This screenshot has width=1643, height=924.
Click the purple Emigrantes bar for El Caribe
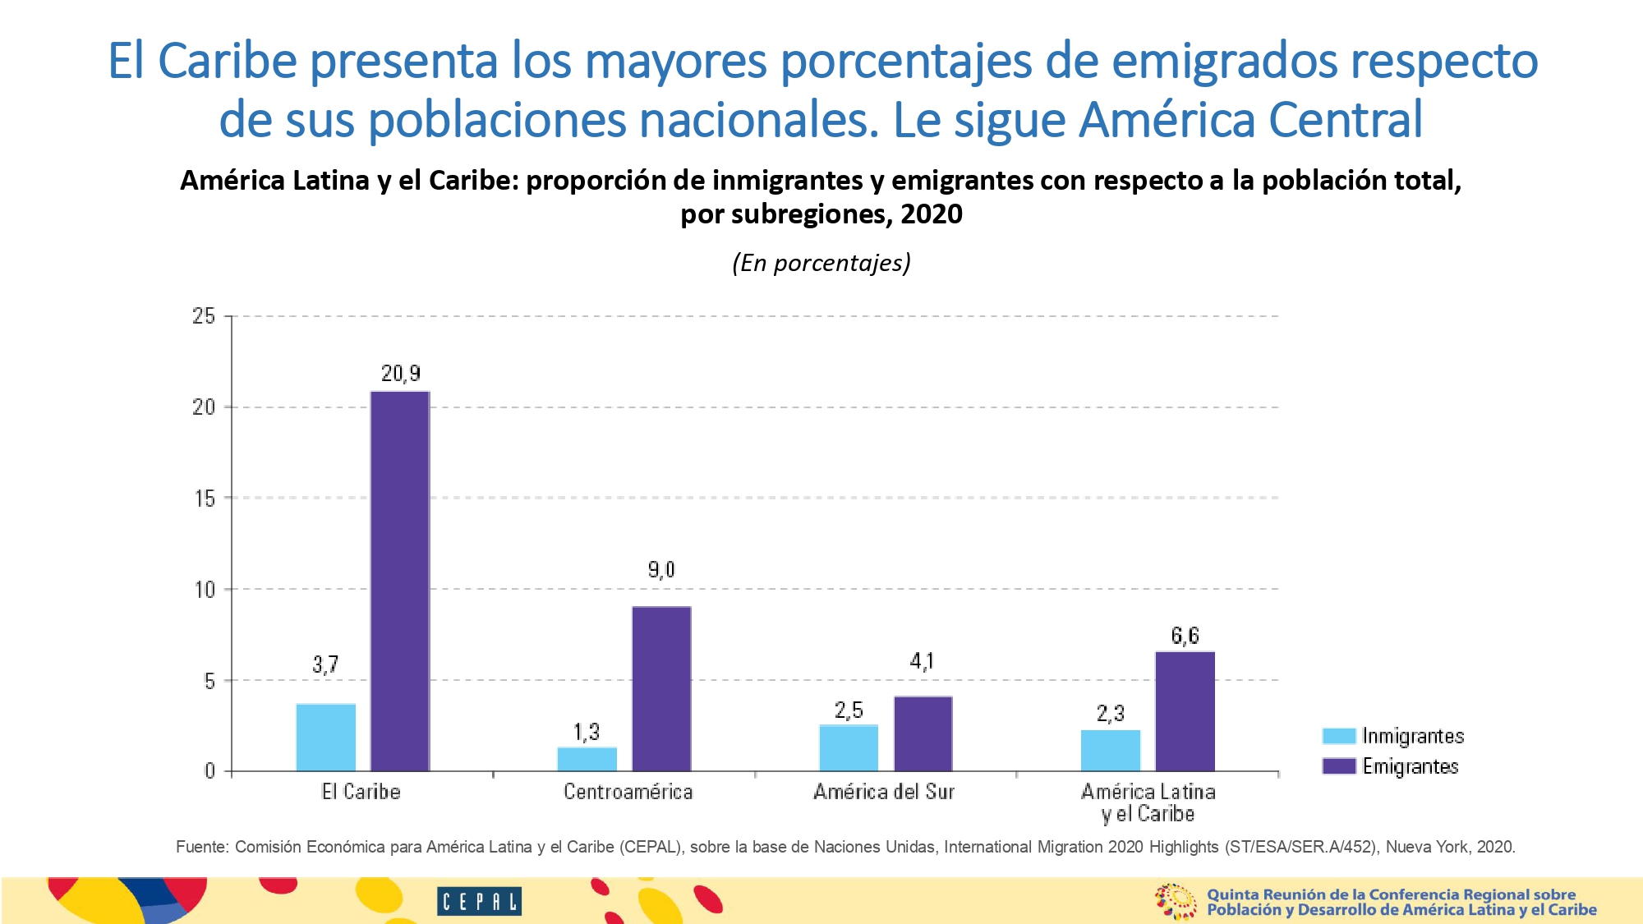point(399,582)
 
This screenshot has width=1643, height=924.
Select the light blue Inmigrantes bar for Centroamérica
point(587,759)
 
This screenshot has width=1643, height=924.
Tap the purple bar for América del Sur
point(923,733)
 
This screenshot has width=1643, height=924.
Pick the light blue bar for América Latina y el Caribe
point(1110,750)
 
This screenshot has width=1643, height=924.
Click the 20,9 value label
point(400,374)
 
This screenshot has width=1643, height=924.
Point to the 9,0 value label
point(660,569)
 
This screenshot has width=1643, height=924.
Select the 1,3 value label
point(586,732)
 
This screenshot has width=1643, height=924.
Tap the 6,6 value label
point(1185,635)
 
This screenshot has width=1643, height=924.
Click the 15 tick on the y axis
point(205,499)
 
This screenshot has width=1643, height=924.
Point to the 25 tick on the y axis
point(204,316)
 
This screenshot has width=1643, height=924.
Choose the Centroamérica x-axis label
point(628,792)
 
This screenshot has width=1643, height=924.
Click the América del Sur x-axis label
point(884,792)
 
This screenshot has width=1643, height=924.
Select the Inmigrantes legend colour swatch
point(1338,736)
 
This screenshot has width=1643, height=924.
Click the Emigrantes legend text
point(1410,766)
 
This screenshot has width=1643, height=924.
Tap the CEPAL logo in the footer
point(479,902)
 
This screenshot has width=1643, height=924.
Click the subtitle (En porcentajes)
point(821,263)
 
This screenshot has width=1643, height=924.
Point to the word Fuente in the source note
point(201,847)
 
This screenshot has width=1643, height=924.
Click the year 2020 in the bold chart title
point(931,214)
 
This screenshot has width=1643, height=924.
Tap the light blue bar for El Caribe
point(325,738)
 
